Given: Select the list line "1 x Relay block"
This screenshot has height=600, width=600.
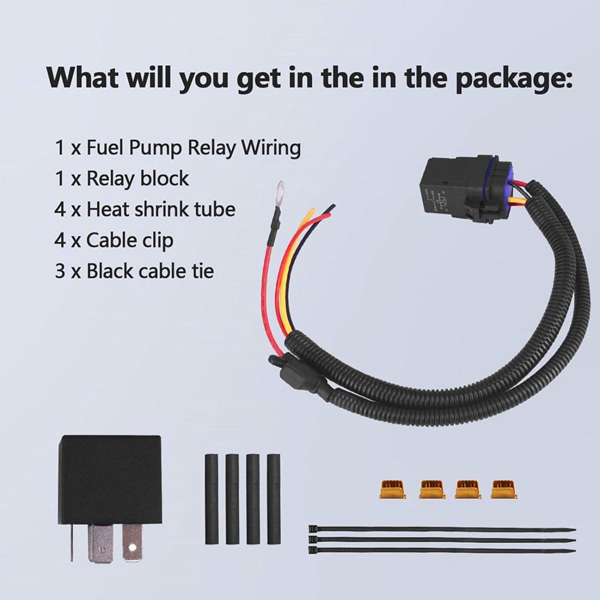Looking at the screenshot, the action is (122, 178).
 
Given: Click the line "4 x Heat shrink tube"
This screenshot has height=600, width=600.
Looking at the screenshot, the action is (145, 209).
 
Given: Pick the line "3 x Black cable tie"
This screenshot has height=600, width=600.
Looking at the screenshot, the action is (134, 271).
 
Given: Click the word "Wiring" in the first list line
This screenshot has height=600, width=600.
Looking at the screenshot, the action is (271, 147).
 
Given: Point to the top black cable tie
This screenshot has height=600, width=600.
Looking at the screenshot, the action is (441, 529).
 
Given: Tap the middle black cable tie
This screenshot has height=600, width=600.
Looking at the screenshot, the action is (441, 540).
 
